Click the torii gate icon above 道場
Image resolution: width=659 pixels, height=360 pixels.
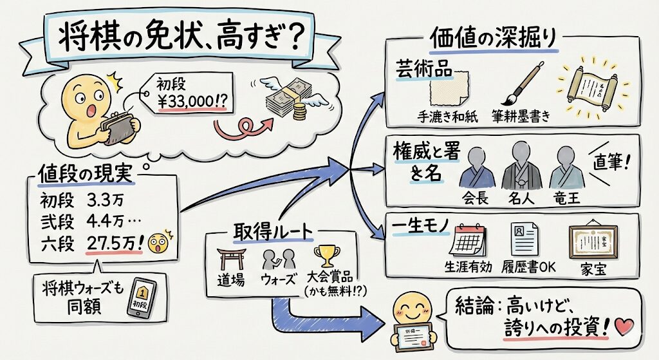click(230, 259)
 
